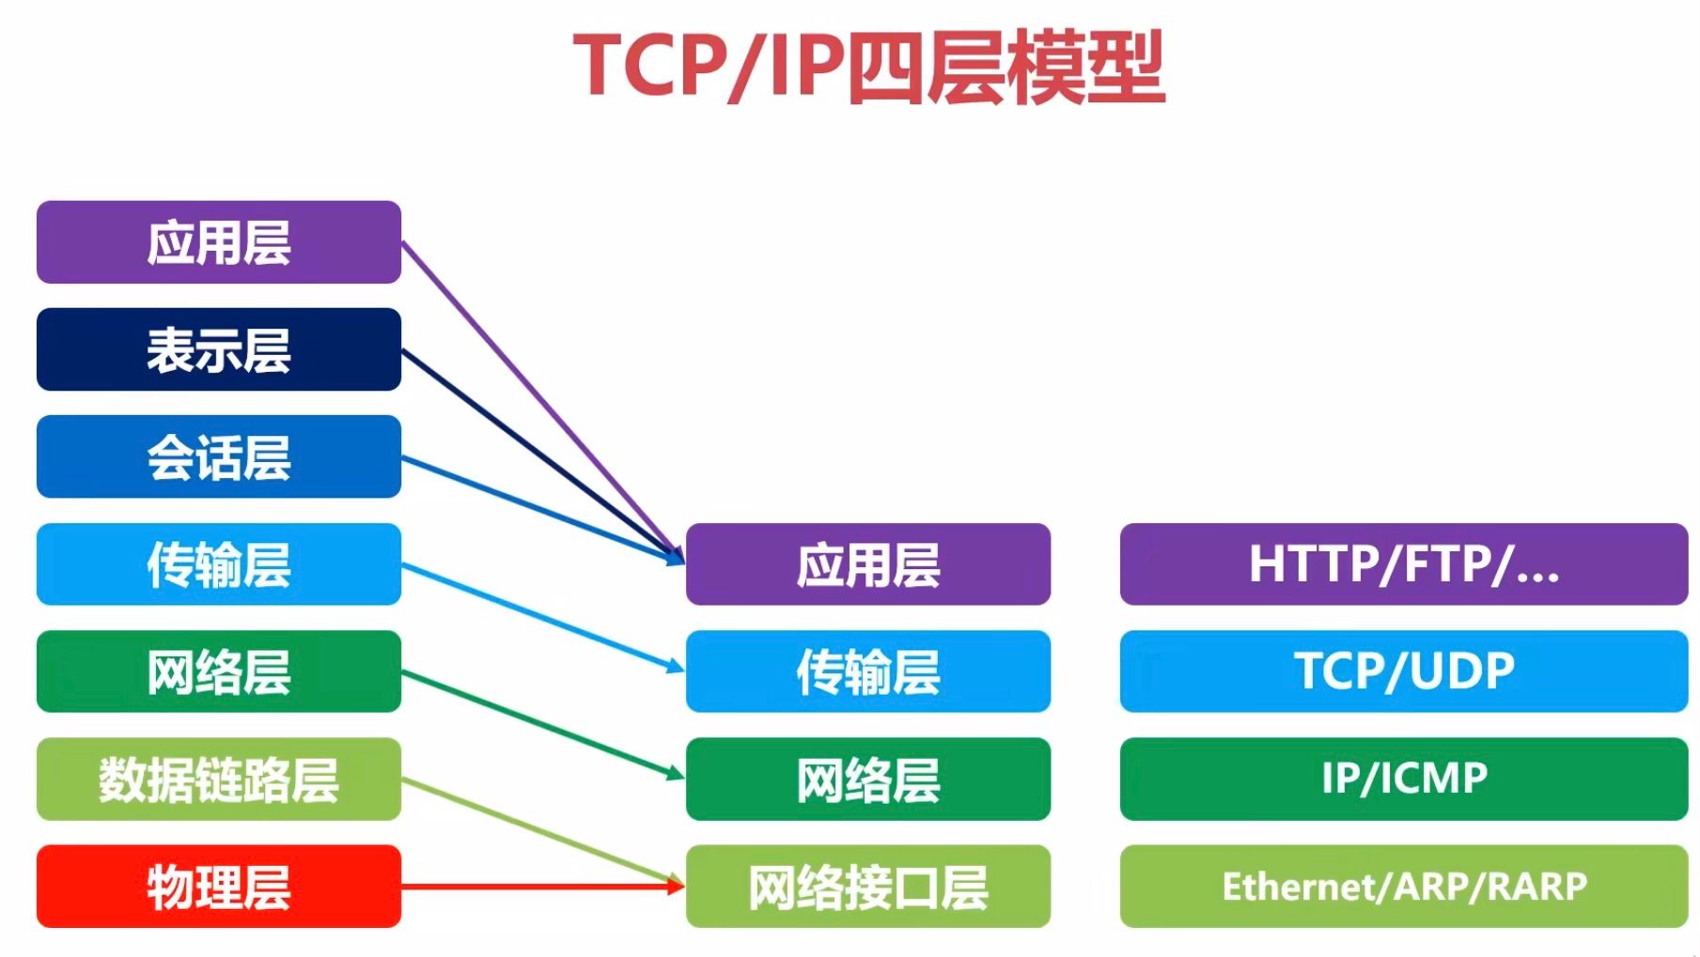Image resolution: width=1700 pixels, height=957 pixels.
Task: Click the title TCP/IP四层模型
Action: click(x=868, y=66)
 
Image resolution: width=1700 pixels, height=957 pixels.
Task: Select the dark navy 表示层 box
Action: click(x=219, y=349)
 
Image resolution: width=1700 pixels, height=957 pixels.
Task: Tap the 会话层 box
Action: click(x=219, y=456)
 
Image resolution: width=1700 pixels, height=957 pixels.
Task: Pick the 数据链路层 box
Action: click(x=219, y=779)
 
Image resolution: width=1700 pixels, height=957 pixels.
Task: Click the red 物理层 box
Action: click(x=219, y=886)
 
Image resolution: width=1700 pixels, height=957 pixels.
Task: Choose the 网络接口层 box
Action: click(x=867, y=886)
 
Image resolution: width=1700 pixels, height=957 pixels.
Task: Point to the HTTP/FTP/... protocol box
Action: click(x=1403, y=563)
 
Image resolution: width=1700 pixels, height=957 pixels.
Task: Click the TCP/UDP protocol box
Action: click(x=1403, y=671)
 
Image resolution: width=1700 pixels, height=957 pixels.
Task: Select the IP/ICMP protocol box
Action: click(x=1403, y=779)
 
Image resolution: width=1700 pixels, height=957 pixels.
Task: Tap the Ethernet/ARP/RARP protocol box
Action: click(x=1403, y=886)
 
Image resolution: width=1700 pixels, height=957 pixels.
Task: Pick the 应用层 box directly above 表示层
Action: click(x=219, y=242)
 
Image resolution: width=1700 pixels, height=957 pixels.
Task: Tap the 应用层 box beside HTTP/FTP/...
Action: click(x=867, y=563)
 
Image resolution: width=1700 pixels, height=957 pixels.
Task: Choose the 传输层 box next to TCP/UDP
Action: click(x=867, y=671)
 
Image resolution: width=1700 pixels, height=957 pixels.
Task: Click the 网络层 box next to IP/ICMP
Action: click(x=867, y=779)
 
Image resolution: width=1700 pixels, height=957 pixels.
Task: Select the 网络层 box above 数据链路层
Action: click(x=219, y=671)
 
